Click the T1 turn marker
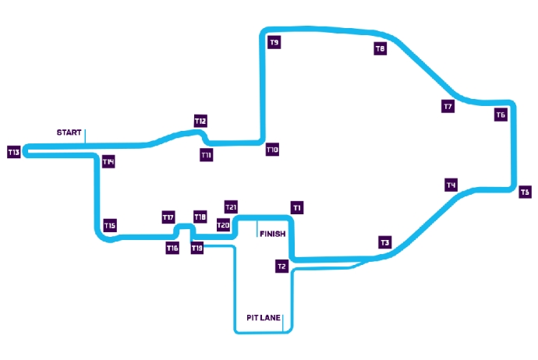click(297, 208)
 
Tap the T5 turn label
click(525, 192)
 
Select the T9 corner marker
click(274, 43)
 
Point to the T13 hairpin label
click(14, 152)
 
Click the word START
click(69, 132)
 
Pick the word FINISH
click(273, 234)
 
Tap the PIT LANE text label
click(264, 318)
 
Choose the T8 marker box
click(380, 48)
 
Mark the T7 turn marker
click(448, 106)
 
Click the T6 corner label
click(501, 115)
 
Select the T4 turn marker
click(451, 185)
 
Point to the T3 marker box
click(385, 243)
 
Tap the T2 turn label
click(281, 266)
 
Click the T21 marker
click(231, 207)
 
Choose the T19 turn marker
click(197, 248)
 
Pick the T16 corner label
click(172, 248)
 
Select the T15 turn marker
click(110, 226)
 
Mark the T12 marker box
click(200, 121)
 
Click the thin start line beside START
click(85, 137)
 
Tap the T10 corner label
click(272, 150)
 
